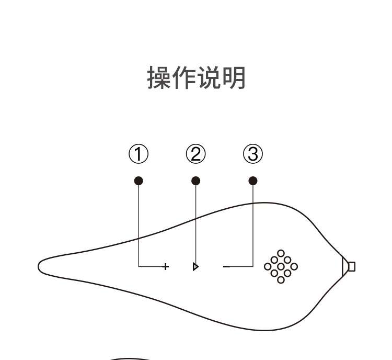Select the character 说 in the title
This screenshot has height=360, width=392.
[x=209, y=78]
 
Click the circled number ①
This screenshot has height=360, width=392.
[x=139, y=154]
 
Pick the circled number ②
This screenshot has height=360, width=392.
[x=195, y=154]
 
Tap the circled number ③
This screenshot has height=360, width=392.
[x=253, y=154]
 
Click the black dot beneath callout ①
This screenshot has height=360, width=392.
[x=139, y=181]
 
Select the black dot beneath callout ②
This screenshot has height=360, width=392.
[x=195, y=181]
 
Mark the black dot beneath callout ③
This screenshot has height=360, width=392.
[x=253, y=181]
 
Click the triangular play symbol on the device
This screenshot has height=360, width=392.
[x=195, y=267]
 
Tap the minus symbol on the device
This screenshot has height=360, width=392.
[x=226, y=267]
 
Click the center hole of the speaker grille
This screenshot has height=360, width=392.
[x=281, y=267]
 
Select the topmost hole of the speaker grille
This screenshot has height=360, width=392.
[x=281, y=254]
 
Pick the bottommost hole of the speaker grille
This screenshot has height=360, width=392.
[x=281, y=280]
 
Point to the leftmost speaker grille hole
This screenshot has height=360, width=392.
[x=268, y=267]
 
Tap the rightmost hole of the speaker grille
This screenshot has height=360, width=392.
[x=294, y=267]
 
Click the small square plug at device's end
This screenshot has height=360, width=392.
[x=352, y=267]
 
